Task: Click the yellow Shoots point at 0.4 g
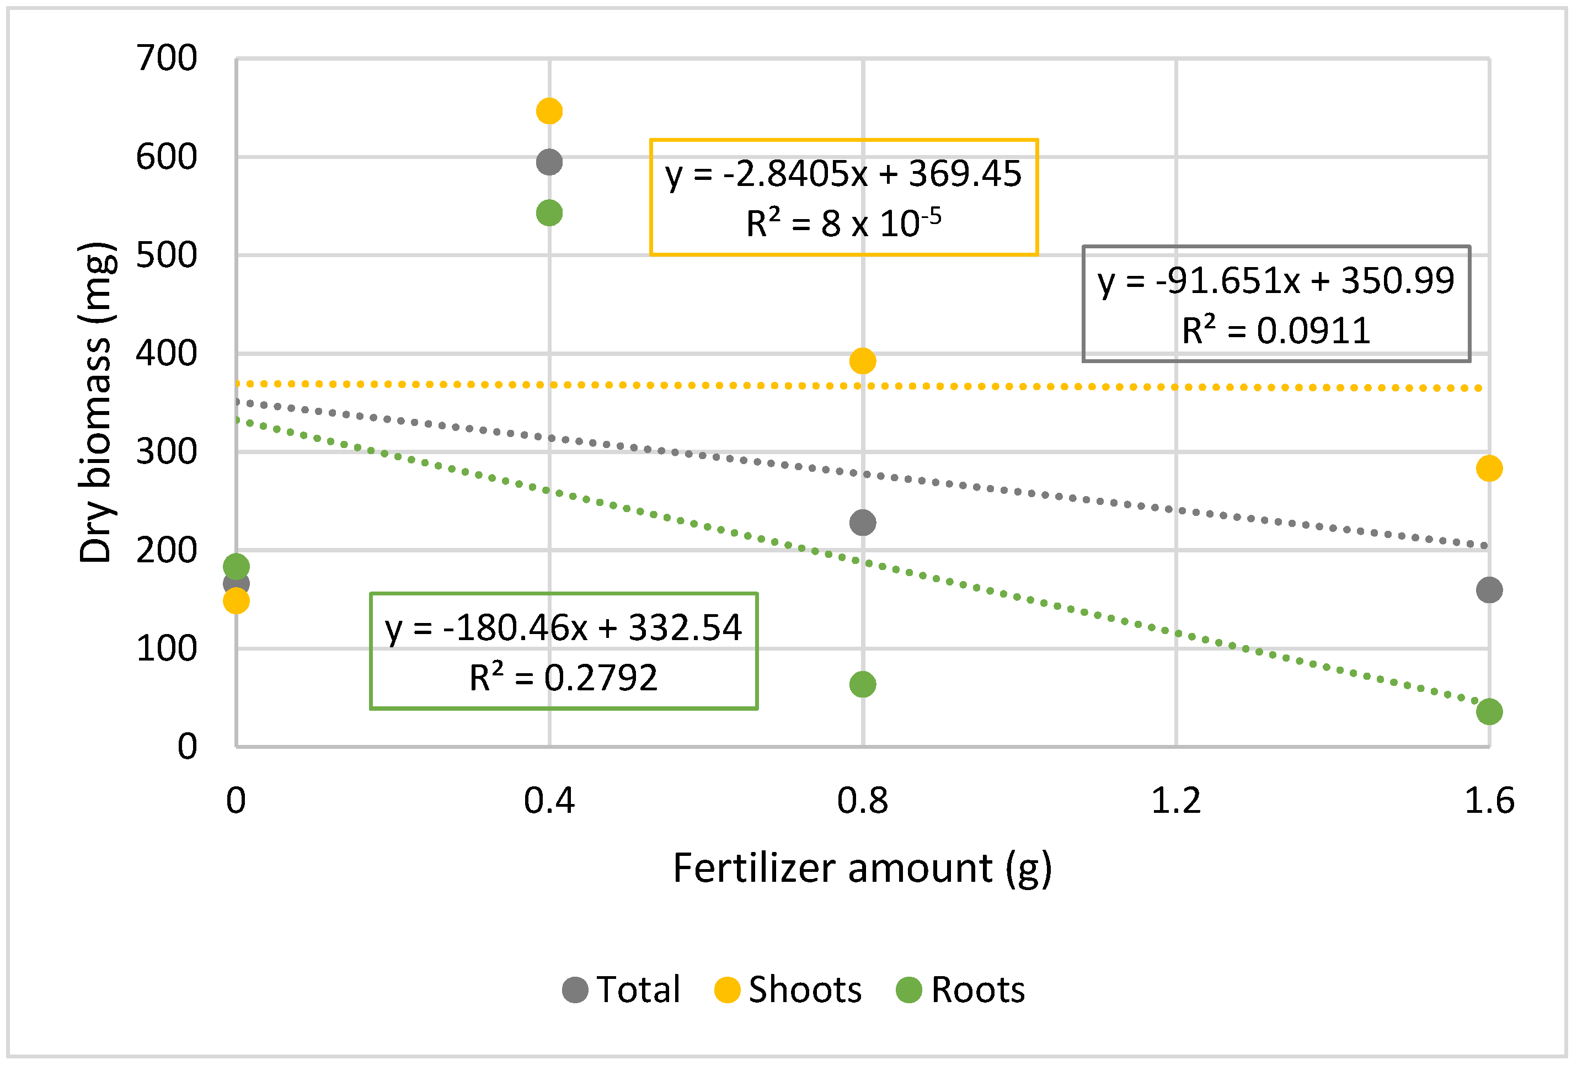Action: [x=549, y=111]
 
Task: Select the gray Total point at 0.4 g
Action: [x=549, y=162]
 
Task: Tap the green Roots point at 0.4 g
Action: [x=549, y=213]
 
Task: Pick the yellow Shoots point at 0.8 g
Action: [x=863, y=361]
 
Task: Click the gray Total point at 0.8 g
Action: [x=863, y=523]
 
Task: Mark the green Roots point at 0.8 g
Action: [x=863, y=684]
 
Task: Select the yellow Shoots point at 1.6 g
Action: [x=1489, y=468]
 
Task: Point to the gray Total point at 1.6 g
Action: [x=1489, y=590]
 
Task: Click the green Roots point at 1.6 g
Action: [x=1489, y=712]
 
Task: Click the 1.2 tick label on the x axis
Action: [x=1176, y=801]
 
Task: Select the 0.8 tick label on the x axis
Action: [x=863, y=801]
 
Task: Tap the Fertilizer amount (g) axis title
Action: [x=863, y=868]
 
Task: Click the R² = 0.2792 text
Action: [x=563, y=678]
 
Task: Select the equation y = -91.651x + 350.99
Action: [x=1276, y=281]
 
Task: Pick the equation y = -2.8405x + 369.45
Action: [x=843, y=174]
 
